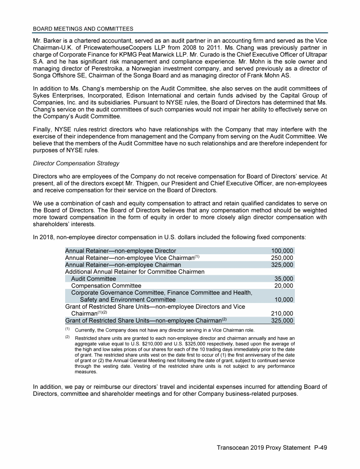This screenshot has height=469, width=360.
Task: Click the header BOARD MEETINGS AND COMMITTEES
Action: click(83, 29)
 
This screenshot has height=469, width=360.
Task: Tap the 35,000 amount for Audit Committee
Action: click(284, 279)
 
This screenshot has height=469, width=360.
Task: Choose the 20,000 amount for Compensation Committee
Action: click(284, 286)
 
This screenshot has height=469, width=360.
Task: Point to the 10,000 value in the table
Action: click(284, 300)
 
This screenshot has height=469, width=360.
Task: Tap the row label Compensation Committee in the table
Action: click(106, 286)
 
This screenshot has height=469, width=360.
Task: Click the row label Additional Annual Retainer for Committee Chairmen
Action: click(135, 272)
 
